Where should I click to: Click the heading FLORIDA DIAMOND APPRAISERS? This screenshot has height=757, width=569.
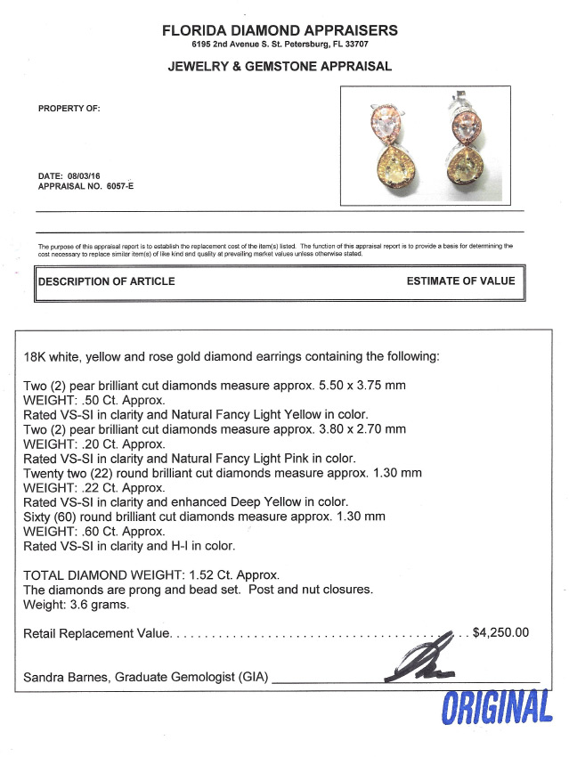(x=280, y=30)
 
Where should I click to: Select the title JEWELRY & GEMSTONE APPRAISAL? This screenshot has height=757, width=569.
(x=280, y=66)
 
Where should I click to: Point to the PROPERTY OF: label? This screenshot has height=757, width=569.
(x=69, y=109)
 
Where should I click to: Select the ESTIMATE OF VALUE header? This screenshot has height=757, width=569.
(x=460, y=281)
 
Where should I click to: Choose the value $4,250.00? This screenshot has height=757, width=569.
(x=500, y=633)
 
